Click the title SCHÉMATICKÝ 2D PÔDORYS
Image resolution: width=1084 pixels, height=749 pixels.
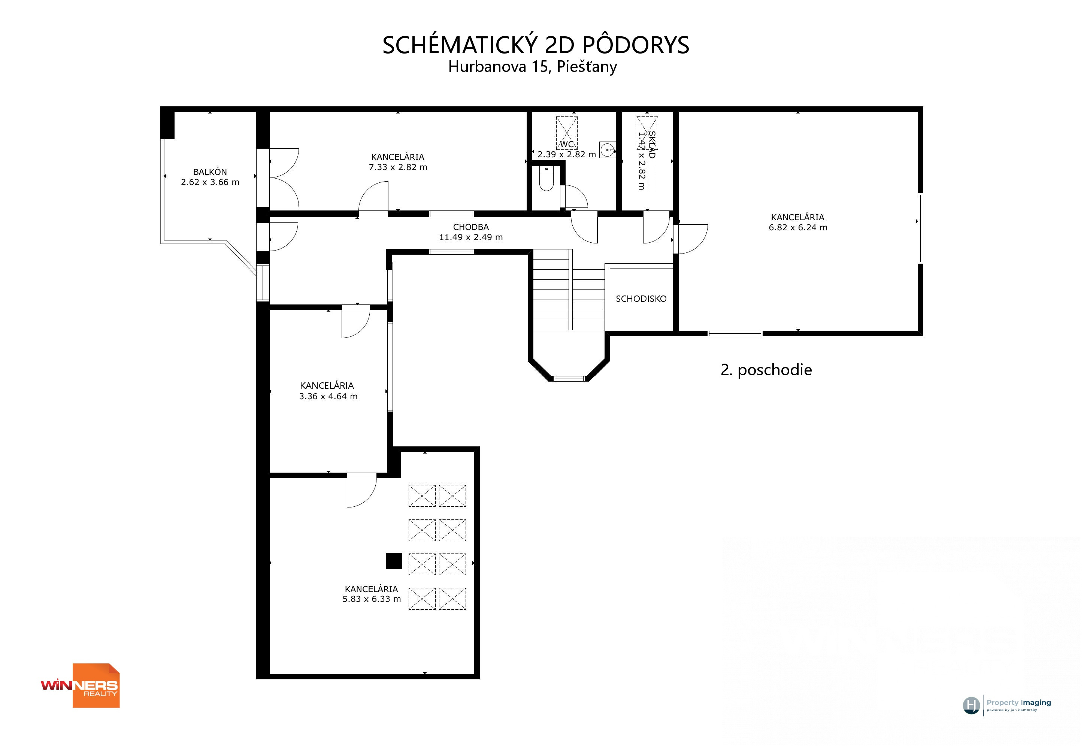(535, 45)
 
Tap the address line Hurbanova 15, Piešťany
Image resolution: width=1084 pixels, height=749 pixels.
(533, 67)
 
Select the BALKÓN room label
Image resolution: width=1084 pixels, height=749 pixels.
(210, 172)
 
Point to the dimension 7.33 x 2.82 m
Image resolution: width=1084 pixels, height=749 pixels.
(398, 167)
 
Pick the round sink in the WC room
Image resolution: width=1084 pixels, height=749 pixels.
(608, 150)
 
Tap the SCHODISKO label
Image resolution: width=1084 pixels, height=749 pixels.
(641, 299)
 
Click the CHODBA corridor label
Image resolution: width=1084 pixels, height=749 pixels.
(471, 227)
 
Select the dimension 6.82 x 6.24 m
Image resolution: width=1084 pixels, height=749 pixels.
(798, 228)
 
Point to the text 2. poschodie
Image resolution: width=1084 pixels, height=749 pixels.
(766, 370)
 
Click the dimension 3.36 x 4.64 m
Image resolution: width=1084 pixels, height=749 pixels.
(328, 397)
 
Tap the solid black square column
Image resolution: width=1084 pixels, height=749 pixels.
(394, 561)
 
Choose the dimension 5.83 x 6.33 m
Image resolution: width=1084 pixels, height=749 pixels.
(372, 599)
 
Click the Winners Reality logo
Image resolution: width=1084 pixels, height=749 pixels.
(80, 686)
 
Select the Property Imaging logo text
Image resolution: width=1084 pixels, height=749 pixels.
(1019, 703)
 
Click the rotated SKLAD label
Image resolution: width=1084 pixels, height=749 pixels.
(652, 145)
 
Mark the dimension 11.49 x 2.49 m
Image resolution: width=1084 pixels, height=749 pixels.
(471, 237)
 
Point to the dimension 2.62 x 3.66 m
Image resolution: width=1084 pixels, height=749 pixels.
(210, 182)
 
